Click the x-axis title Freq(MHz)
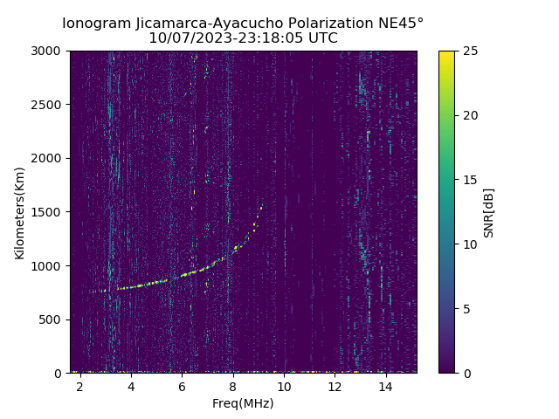243,403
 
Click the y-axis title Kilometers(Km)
20,212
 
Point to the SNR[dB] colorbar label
489,212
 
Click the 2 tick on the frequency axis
80,386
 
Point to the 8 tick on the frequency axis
233,386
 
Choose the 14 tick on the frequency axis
385,386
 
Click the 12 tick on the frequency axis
335,386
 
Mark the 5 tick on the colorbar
466,309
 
